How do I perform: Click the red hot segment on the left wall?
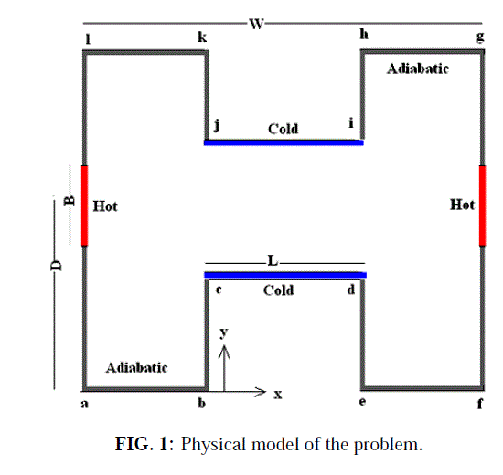pyautogui.click(x=84, y=206)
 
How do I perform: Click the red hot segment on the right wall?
pyautogui.click(x=482, y=206)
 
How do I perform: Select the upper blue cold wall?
pyautogui.click(x=284, y=142)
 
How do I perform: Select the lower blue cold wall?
pyautogui.click(x=285, y=275)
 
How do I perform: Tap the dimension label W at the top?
pyautogui.click(x=257, y=24)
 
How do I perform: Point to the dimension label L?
pyautogui.click(x=273, y=261)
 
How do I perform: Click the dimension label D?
pyautogui.click(x=56, y=266)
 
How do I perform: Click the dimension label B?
pyautogui.click(x=70, y=201)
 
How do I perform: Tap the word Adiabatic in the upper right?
pyautogui.click(x=418, y=69)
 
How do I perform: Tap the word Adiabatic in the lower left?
pyautogui.click(x=136, y=367)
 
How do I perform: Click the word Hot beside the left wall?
pyautogui.click(x=105, y=206)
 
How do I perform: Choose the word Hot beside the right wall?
pyautogui.click(x=462, y=205)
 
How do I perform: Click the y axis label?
pyautogui.click(x=224, y=333)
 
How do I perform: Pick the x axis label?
pyautogui.click(x=278, y=395)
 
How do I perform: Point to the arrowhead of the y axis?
pyautogui.click(x=224, y=345)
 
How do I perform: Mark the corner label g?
pyautogui.click(x=480, y=37)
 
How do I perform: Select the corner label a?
pyautogui.click(x=84, y=404)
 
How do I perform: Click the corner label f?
pyautogui.click(x=480, y=403)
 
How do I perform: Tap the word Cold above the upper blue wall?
pyautogui.click(x=283, y=129)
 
